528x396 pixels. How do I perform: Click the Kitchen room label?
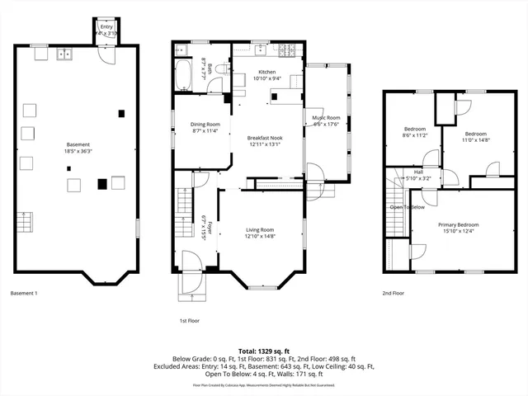tap(266, 72)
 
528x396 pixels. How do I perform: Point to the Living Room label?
tap(259, 229)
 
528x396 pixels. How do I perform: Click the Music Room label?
tap(326, 118)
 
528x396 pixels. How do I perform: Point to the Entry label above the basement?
tap(106, 27)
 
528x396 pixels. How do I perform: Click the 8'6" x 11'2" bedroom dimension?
tap(414, 136)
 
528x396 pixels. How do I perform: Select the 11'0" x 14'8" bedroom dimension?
tap(475, 139)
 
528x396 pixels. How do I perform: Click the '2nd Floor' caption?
tap(393, 293)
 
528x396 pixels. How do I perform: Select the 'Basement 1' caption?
tap(24, 293)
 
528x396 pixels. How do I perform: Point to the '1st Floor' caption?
tap(189, 320)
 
